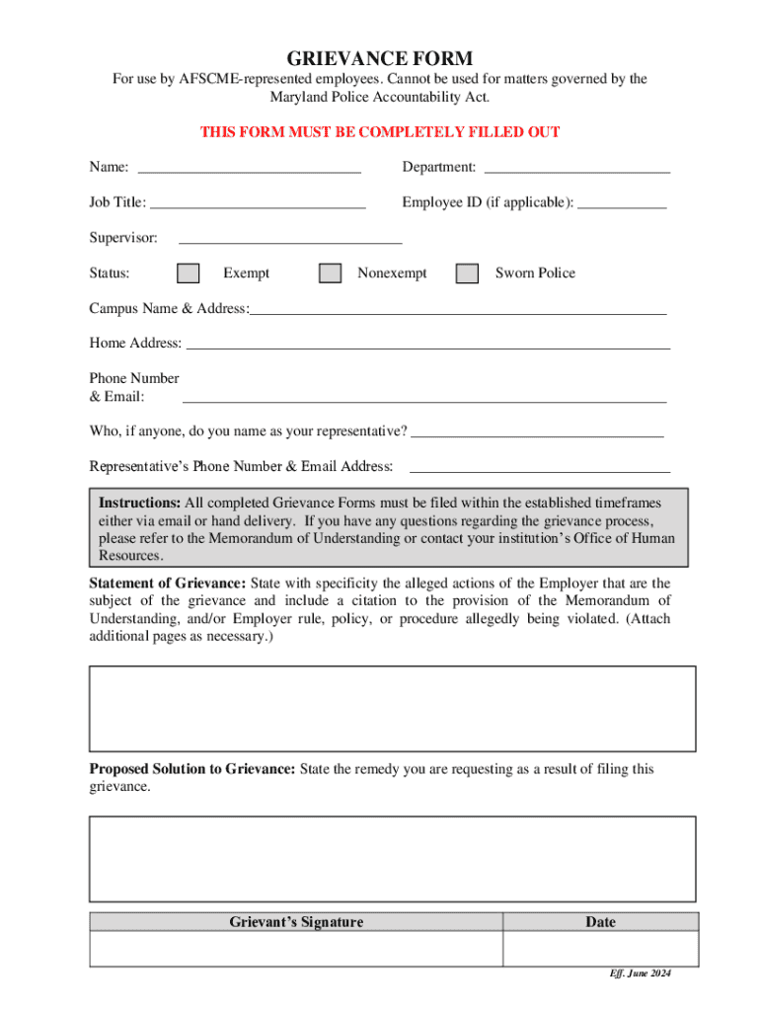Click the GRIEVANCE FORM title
[x=380, y=58]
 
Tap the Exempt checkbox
[x=188, y=273]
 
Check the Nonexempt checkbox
[x=331, y=273]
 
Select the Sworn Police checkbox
[x=467, y=273]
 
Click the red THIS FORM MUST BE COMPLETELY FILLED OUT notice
[x=380, y=132]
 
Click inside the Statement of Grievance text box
[x=393, y=709]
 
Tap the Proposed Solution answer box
[x=393, y=858]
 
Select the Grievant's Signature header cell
[x=296, y=922]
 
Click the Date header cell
[x=600, y=922]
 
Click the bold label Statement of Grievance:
[x=168, y=583]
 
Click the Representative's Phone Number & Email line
[x=539, y=466]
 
